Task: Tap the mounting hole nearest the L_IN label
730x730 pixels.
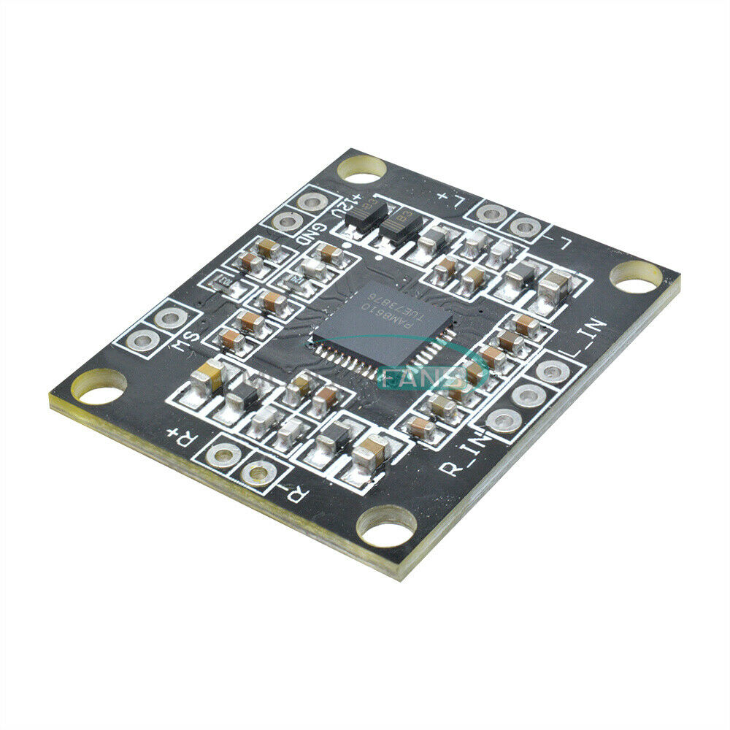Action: point(636,277)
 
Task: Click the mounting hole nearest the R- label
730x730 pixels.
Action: point(386,527)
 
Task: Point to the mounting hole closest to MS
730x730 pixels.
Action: point(99,387)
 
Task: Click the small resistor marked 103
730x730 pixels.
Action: point(223,281)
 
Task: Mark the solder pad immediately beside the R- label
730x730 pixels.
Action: point(258,474)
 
